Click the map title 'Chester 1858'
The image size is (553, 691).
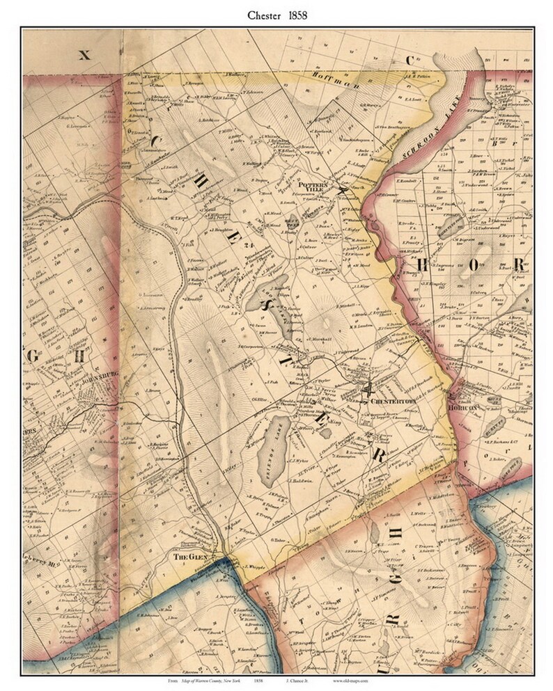pos(276,13)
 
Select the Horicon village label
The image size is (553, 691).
pos(466,408)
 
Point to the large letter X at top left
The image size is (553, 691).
pos(84,55)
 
